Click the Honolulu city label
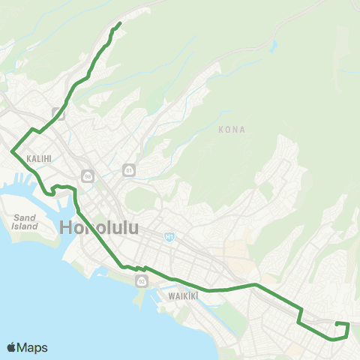click(x=98, y=227)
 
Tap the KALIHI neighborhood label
click(x=38, y=159)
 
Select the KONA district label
click(x=231, y=130)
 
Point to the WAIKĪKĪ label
click(x=183, y=295)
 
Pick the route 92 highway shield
click(x=141, y=281)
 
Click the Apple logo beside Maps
click(x=11, y=347)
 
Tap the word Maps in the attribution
click(x=32, y=347)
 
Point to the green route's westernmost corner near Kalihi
click(x=12, y=152)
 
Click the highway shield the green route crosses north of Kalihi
click(x=59, y=115)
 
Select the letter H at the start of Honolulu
click(x=66, y=227)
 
